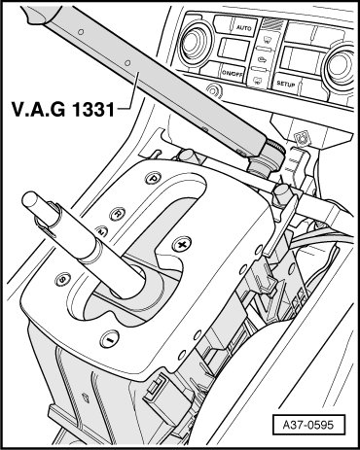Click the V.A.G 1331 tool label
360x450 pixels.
(x=63, y=109)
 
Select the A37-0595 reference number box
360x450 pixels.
(x=308, y=425)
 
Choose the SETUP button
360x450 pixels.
(x=285, y=84)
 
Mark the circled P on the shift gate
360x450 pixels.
(x=153, y=178)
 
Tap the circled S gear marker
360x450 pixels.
(x=62, y=279)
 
